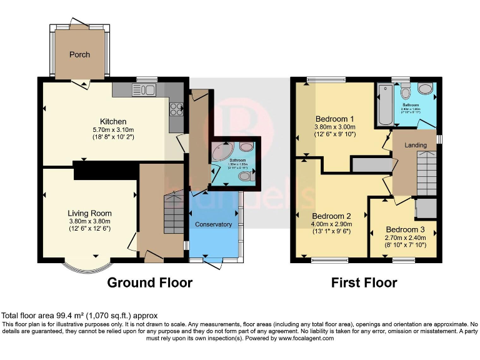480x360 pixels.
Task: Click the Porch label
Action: click(79, 54)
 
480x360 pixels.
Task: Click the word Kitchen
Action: click(113, 121)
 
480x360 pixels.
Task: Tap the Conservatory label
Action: click(214, 224)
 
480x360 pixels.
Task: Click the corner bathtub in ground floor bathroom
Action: click(222, 152)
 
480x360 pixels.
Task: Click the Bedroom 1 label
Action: click(334, 119)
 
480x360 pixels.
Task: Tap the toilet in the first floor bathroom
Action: click(405, 94)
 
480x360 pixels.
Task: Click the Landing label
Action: click(416, 145)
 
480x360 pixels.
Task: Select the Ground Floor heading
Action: click(150, 282)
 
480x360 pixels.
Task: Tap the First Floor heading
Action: click(364, 282)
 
